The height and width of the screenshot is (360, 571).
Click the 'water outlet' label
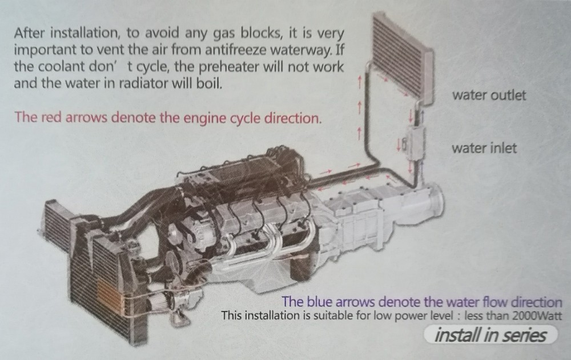coord(489,95)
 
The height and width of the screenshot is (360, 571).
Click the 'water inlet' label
coord(484,149)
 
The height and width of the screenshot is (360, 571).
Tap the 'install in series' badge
coord(490,335)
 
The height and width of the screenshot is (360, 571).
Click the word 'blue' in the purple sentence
coord(319,302)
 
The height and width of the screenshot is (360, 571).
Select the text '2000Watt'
coord(537,315)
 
